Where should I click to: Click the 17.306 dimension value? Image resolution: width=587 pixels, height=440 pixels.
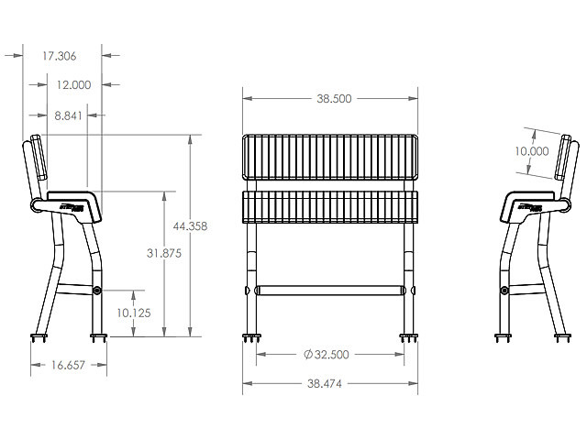click(x=61, y=56)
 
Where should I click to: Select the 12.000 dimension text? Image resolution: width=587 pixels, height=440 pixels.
click(x=72, y=84)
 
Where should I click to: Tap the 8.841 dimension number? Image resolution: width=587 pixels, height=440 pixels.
click(x=67, y=115)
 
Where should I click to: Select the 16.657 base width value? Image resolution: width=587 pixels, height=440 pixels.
click(x=69, y=365)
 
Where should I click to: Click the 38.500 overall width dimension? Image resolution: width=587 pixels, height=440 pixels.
click(x=330, y=98)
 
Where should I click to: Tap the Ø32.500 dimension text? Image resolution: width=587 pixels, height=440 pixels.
click(x=329, y=354)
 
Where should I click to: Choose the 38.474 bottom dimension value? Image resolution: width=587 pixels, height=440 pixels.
click(x=330, y=383)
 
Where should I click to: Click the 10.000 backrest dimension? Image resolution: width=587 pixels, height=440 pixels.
click(x=532, y=151)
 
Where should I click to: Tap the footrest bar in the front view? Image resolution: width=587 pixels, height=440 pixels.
click(x=330, y=290)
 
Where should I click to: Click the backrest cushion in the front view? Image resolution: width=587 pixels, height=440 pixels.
click(x=330, y=158)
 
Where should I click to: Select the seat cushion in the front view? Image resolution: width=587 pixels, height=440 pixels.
click(x=330, y=207)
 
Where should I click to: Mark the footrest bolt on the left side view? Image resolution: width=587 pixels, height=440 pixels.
click(x=98, y=291)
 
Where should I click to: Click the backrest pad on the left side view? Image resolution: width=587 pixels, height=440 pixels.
click(x=38, y=159)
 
